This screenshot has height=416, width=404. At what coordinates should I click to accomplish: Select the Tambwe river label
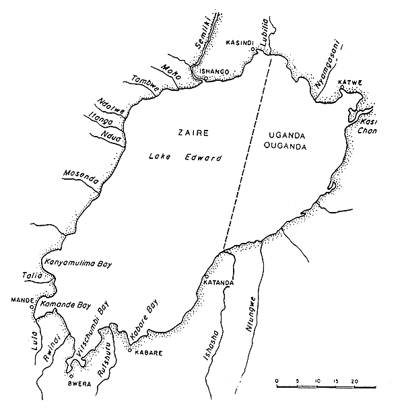pyautogui.click(x=144, y=84)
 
